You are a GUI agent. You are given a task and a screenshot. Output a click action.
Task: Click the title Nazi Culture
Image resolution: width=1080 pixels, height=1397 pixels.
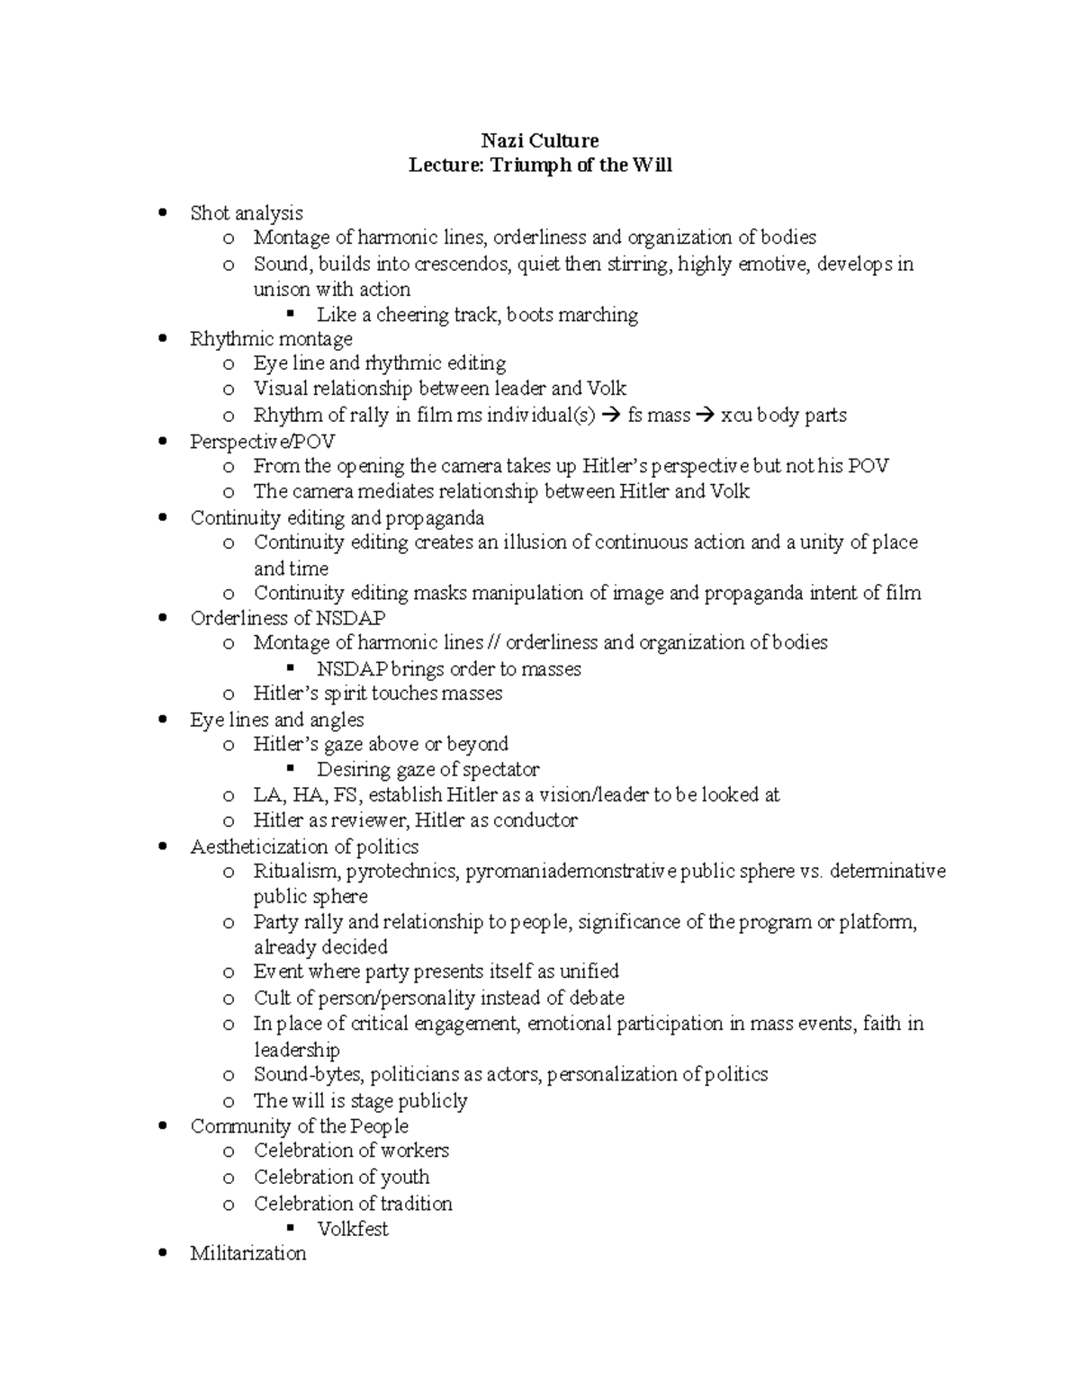click(539, 140)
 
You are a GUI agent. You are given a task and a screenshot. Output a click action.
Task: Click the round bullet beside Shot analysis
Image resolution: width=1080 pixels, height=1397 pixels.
click(162, 213)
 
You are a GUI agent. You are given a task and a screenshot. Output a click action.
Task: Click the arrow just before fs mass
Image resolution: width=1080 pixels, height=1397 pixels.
click(608, 416)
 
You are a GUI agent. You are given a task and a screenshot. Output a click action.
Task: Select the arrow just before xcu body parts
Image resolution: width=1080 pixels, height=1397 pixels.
click(706, 416)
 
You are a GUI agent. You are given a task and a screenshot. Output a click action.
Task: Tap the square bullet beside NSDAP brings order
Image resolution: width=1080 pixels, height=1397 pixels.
click(290, 669)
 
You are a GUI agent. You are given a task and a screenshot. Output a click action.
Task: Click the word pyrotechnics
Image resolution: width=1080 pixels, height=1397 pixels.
click(402, 871)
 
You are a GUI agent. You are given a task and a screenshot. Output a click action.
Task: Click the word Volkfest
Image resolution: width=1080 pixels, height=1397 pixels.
click(353, 1229)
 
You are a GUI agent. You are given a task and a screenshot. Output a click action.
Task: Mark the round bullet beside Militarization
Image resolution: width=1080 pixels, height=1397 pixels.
click(162, 1253)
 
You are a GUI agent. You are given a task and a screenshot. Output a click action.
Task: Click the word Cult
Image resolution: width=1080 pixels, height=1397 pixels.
click(272, 998)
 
